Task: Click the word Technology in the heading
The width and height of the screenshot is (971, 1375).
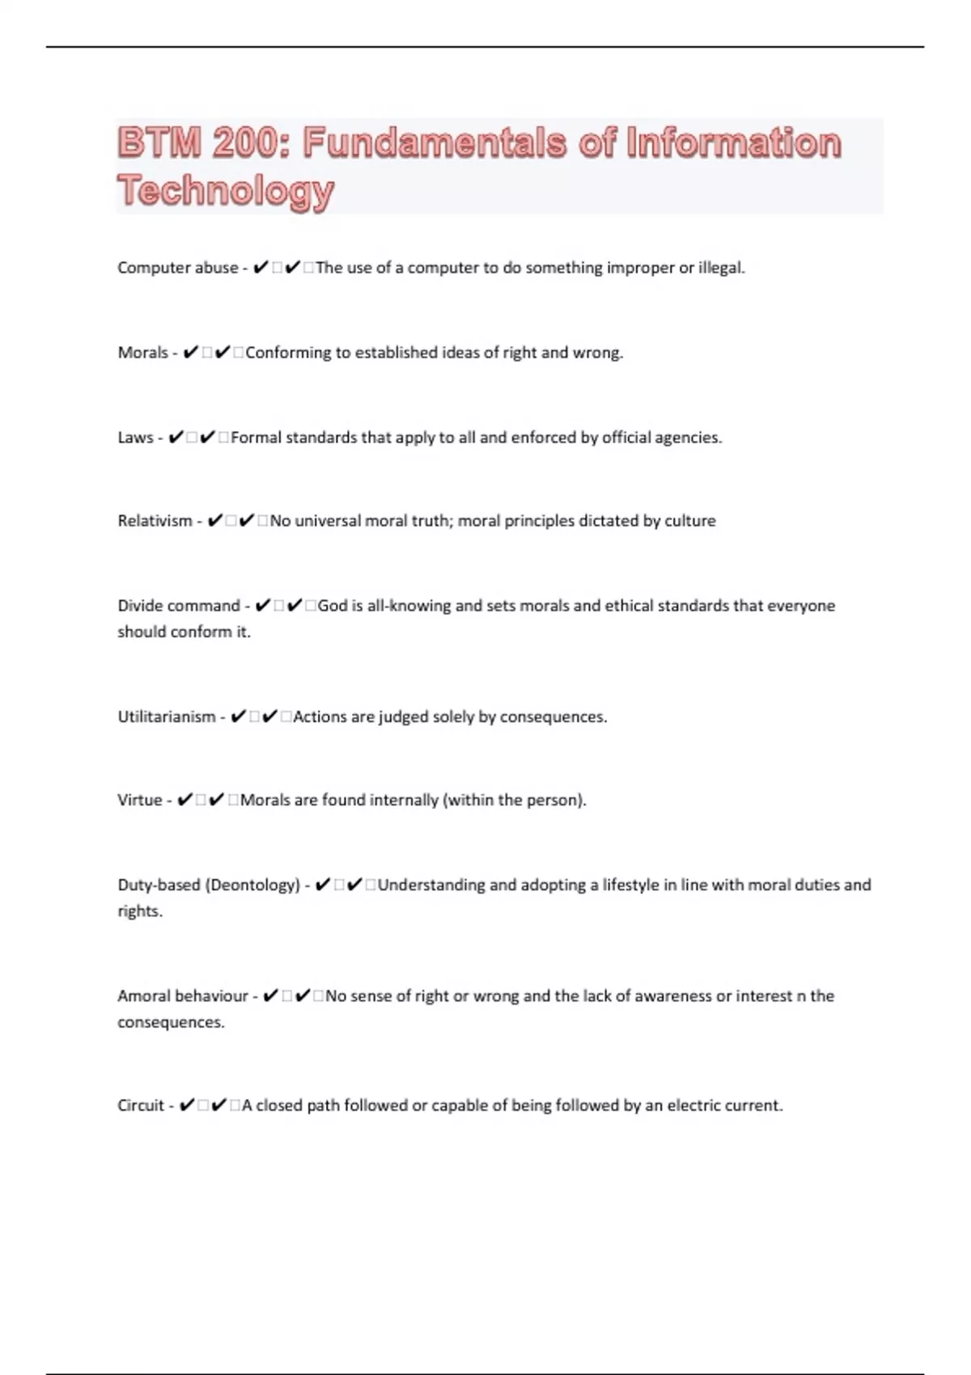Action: coord(226,191)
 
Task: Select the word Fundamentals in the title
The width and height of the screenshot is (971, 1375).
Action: coord(435,143)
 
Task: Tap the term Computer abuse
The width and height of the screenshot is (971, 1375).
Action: coord(178,268)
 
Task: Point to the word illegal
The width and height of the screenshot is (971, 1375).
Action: coord(721,268)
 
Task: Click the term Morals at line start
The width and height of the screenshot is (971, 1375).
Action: coord(143,353)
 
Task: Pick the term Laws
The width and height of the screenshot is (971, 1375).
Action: coord(135,438)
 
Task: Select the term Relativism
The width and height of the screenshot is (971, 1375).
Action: coord(155,521)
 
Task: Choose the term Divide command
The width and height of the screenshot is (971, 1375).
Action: coord(179,606)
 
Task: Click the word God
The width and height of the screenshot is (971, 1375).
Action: coord(332,606)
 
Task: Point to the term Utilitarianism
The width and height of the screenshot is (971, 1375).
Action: coord(167,717)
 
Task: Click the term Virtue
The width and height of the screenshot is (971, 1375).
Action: coord(140,800)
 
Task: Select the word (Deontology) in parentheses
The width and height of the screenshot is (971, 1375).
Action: coord(253,885)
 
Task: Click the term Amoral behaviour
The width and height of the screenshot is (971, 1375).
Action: coord(183,996)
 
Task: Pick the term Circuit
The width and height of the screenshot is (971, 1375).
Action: coord(141,1106)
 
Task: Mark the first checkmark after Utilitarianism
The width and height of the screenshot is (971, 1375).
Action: coord(238,717)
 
